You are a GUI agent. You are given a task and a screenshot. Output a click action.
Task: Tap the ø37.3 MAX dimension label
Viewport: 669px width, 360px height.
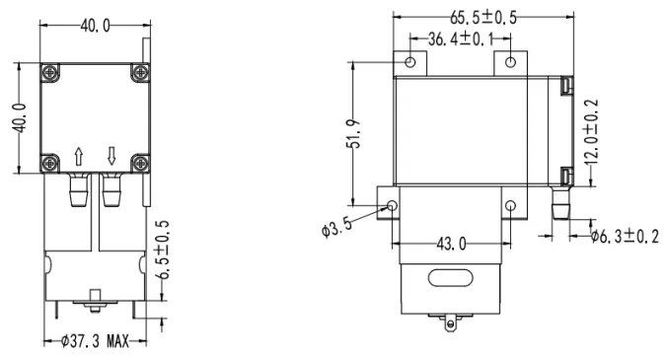click(x=96, y=341)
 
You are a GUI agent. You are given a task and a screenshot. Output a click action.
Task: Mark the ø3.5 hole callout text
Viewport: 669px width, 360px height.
click(x=337, y=229)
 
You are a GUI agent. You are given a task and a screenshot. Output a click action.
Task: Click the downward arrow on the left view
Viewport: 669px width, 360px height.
click(x=111, y=157)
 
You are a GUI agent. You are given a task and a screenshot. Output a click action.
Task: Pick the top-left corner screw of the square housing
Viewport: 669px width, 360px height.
click(x=49, y=71)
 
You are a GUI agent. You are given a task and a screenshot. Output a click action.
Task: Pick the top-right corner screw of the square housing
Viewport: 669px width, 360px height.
click(x=140, y=71)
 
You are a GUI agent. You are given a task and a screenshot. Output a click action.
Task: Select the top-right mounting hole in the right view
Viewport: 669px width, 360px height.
click(x=510, y=62)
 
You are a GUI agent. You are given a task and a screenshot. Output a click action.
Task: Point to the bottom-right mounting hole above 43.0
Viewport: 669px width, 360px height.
click(x=510, y=205)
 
